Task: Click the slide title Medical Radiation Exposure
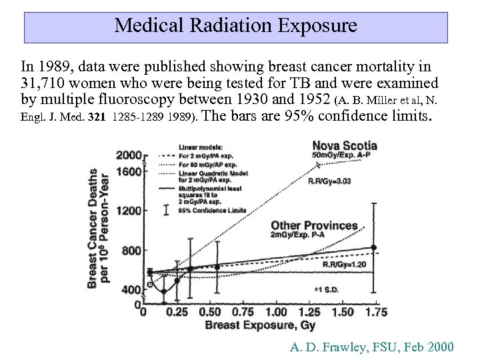click(235, 26)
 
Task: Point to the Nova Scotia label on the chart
click(345, 145)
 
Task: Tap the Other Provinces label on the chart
click(314, 226)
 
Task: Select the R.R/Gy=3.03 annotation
click(331, 181)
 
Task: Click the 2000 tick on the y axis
click(129, 155)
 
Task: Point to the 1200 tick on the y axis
click(129, 211)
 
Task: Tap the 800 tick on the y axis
click(131, 250)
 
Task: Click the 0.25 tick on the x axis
click(177, 312)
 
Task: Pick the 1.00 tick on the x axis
click(277, 312)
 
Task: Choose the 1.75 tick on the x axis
click(377, 312)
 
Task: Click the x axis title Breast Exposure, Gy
click(260, 325)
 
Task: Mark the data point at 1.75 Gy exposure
click(373, 247)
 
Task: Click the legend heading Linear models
click(201, 147)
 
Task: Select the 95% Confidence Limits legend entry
click(212, 210)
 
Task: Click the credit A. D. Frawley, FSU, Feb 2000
click(372, 347)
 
